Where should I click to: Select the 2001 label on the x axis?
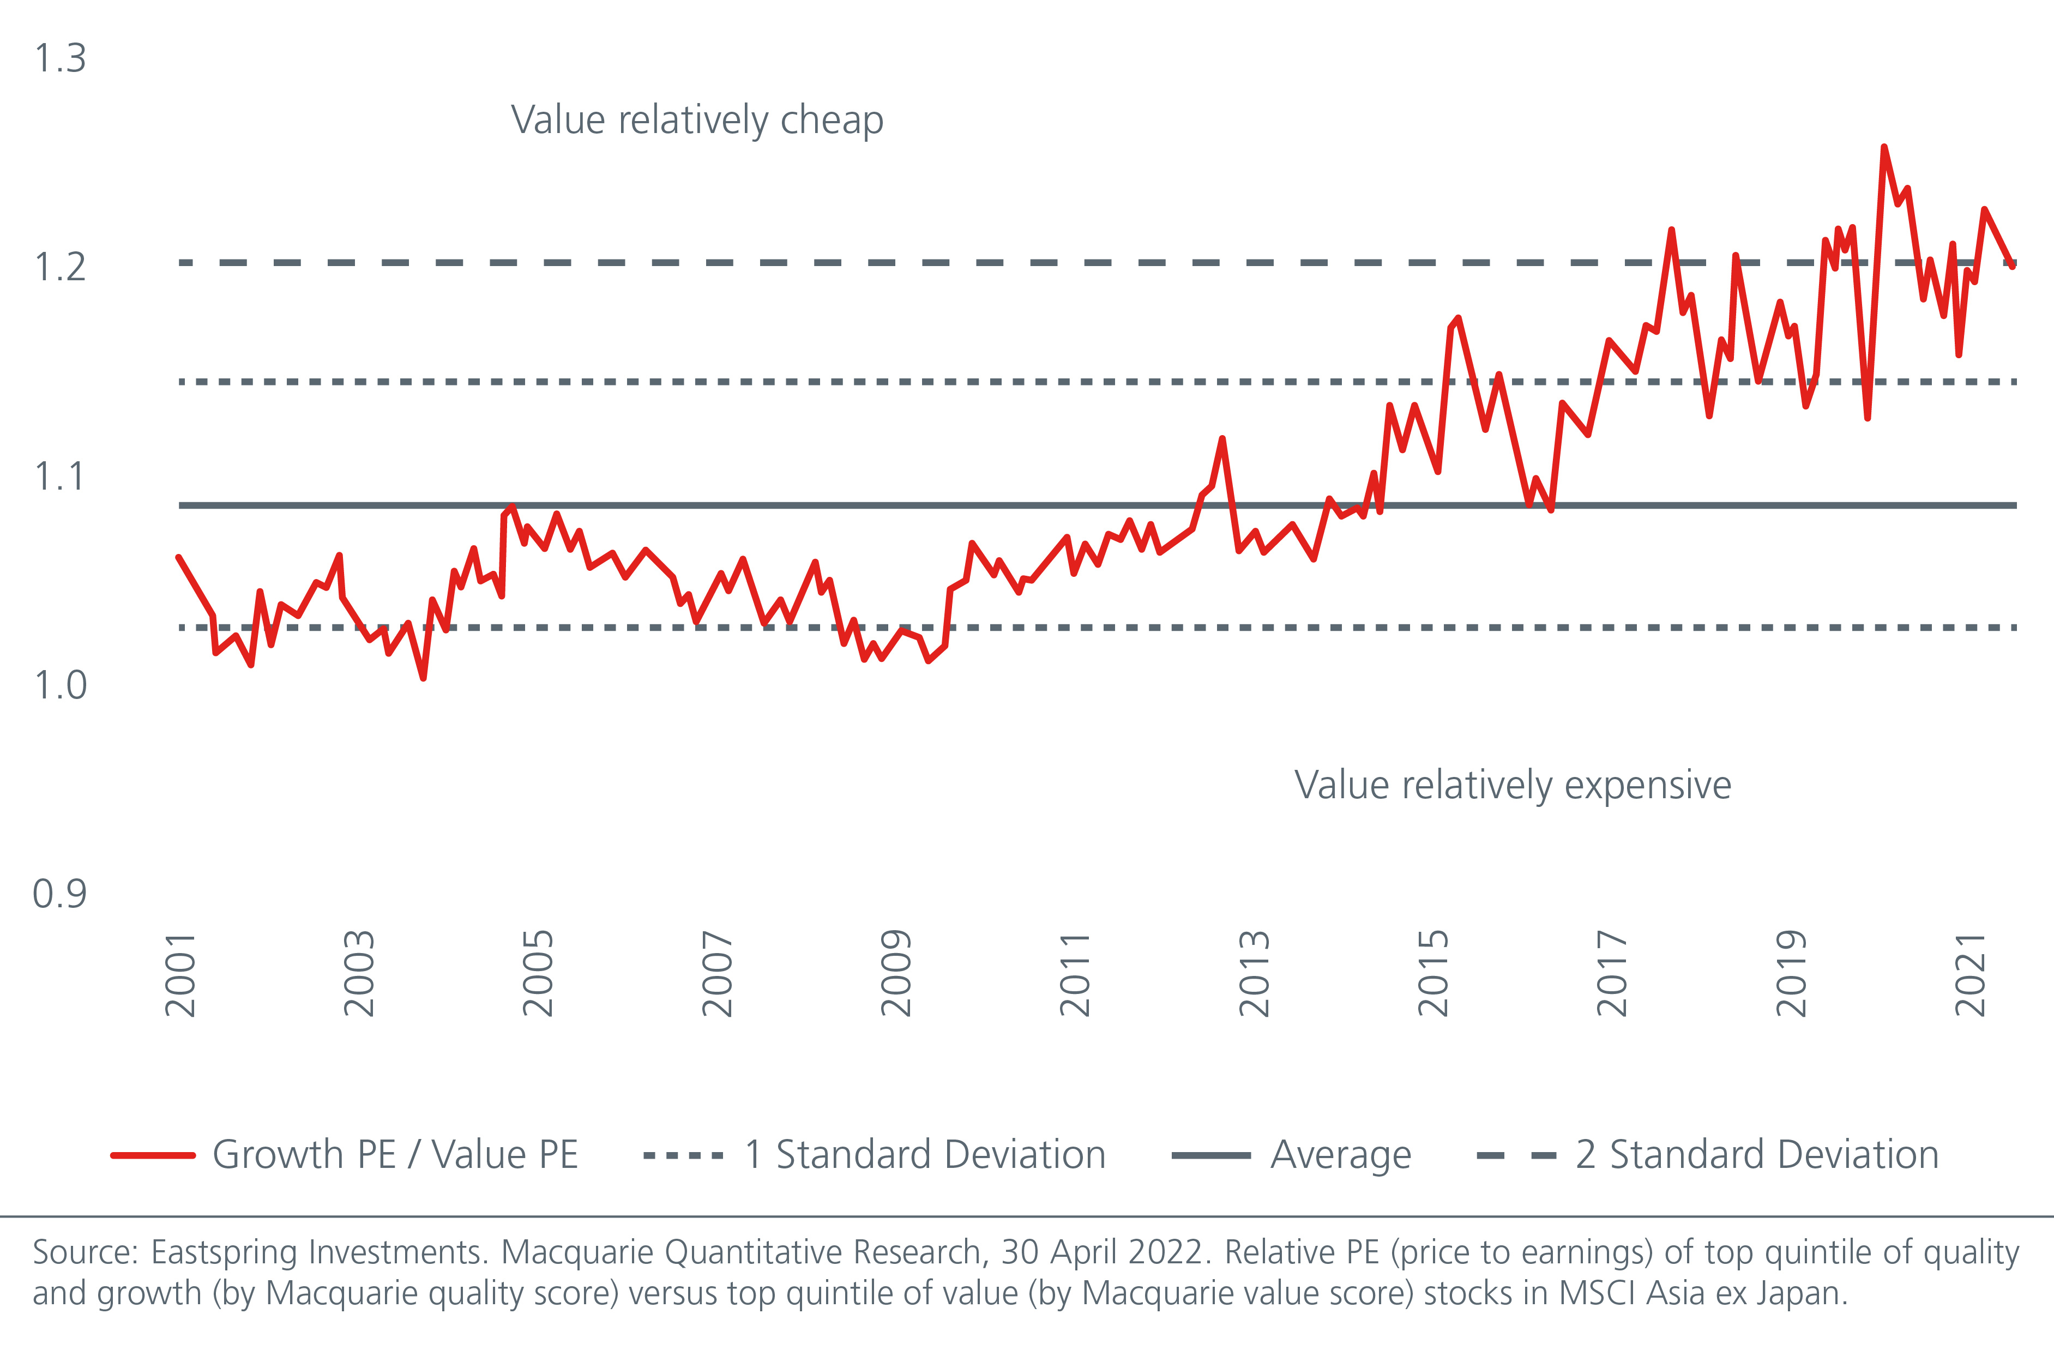pyautogui.click(x=180, y=974)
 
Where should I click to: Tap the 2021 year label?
pyautogui.click(x=1969, y=974)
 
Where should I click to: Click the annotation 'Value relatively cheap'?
pyautogui.click(x=696, y=120)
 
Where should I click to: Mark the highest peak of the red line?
pyautogui.click(x=1883, y=148)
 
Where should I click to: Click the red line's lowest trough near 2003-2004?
pyautogui.click(x=423, y=678)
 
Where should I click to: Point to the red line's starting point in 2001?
pyautogui.click(x=179, y=558)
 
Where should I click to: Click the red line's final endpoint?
pyautogui.click(x=2013, y=266)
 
